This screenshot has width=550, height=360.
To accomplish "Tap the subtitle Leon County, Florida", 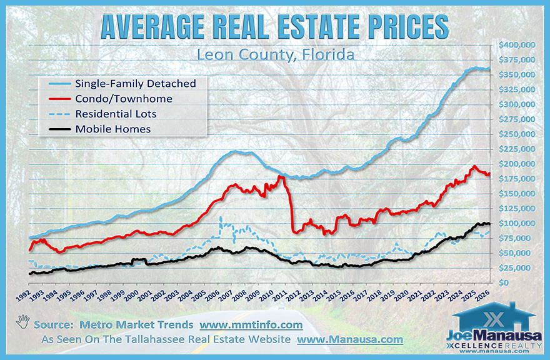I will pyautogui.click(x=275, y=54).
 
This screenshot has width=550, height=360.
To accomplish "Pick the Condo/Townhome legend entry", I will pyautogui.click(x=123, y=99).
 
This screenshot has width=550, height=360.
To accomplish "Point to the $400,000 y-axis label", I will pyautogui.click(x=516, y=45).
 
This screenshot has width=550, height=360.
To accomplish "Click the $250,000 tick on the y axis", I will pyautogui.click(x=516, y=134).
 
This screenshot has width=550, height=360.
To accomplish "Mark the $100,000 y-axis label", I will pyautogui.click(x=516, y=224).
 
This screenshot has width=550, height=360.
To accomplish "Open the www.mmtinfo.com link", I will pyautogui.click(x=251, y=325).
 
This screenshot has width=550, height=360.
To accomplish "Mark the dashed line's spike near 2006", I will pyautogui.click(x=221, y=218).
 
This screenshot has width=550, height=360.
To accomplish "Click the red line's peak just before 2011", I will pyautogui.click(x=279, y=177).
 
